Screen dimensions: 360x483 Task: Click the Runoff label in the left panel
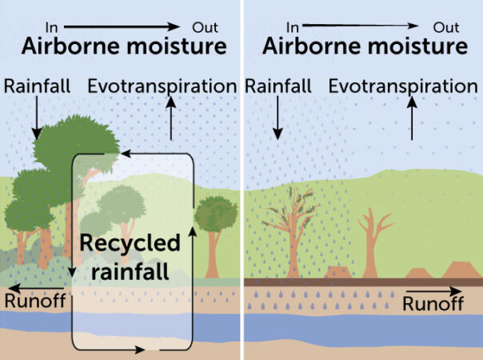coord(34,300)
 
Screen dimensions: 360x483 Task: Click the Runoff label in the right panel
coord(433,304)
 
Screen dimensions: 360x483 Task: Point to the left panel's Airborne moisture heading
coord(124,46)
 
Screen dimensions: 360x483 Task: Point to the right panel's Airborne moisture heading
coord(365,46)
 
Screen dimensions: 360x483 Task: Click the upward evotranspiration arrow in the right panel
coord(412,118)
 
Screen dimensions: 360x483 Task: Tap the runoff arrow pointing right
coord(433,290)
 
